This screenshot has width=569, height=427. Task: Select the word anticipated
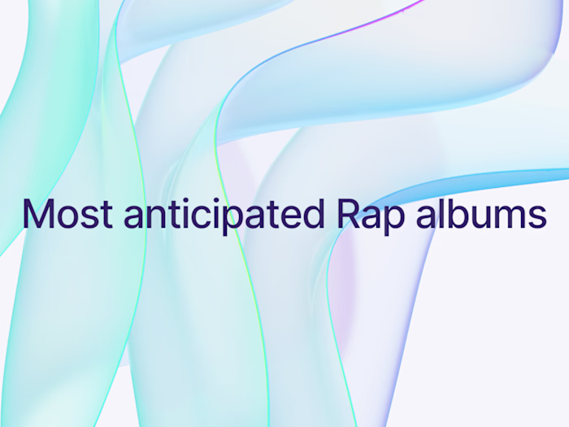(224, 215)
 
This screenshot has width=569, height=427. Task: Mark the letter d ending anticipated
(312, 215)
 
